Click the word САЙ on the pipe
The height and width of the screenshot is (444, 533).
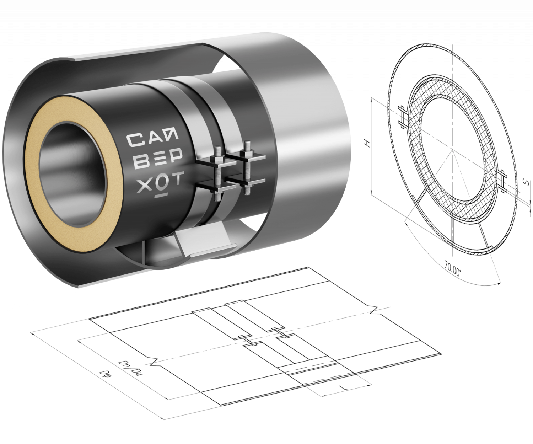pyautogui.click(x=152, y=139)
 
